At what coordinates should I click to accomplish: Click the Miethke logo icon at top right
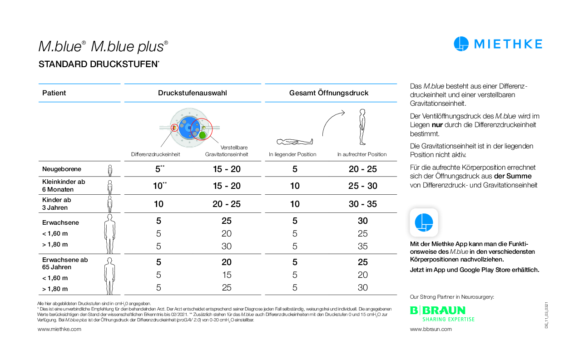point(461,44)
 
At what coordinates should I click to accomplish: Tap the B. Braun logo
point(438,311)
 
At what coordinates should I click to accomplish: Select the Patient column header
point(54,93)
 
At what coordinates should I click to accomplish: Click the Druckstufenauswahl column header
point(193,93)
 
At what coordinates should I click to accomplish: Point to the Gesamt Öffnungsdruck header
point(329,93)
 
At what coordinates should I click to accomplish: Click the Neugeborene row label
point(62,169)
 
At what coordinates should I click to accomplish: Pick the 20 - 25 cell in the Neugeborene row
point(362,169)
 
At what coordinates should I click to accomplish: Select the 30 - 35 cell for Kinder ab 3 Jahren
point(362,204)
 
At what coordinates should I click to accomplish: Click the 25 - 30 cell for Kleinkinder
point(362,186)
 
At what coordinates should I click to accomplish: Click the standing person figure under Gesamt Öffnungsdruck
point(361,127)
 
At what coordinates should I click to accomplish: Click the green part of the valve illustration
point(203,135)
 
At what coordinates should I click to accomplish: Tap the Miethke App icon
point(424,222)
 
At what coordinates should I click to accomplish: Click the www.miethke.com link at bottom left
point(59,329)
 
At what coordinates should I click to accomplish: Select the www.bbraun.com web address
point(431,329)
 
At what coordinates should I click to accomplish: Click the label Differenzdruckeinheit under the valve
point(156,154)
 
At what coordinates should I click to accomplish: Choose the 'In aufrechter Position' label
point(362,154)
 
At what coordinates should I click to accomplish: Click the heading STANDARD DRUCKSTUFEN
point(98,64)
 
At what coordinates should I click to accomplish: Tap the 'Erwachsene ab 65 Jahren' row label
point(65,263)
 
